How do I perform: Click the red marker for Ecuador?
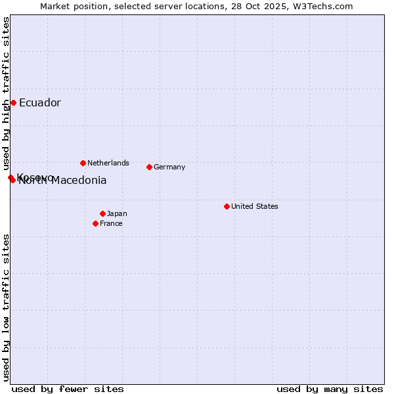(13, 102)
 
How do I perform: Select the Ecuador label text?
(39, 102)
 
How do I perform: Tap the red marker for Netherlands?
(83, 163)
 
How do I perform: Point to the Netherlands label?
(108, 163)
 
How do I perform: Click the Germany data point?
(149, 167)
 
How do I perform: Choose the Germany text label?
(169, 167)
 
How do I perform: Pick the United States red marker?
(227, 206)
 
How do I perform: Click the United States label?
(254, 206)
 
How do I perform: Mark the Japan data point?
(102, 213)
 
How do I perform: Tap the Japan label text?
(117, 213)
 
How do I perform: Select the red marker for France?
(95, 223)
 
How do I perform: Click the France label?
(111, 223)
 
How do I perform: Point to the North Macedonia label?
(63, 181)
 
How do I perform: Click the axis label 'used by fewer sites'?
(68, 389)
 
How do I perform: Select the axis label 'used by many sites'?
(330, 389)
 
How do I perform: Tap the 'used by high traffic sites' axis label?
(7, 92)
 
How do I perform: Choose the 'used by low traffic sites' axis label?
(7, 307)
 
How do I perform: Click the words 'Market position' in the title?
(72, 6)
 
